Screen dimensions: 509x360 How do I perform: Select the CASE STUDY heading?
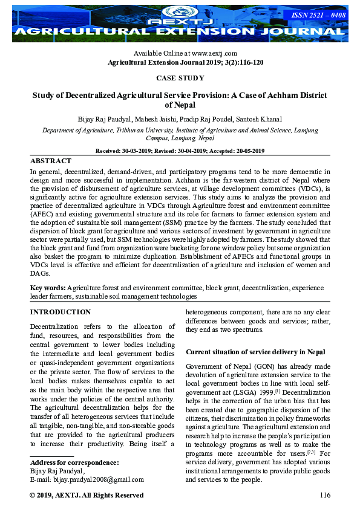click(180, 78)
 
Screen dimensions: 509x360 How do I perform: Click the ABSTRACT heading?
click(51, 161)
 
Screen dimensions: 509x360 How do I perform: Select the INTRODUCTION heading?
click(61, 312)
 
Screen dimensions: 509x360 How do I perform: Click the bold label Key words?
click(48, 288)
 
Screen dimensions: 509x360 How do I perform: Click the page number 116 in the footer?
click(324, 496)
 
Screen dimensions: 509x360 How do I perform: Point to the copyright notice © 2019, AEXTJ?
click(87, 496)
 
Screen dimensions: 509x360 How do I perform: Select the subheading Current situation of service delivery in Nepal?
click(255, 352)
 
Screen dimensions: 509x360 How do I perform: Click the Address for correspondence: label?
click(74, 463)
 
